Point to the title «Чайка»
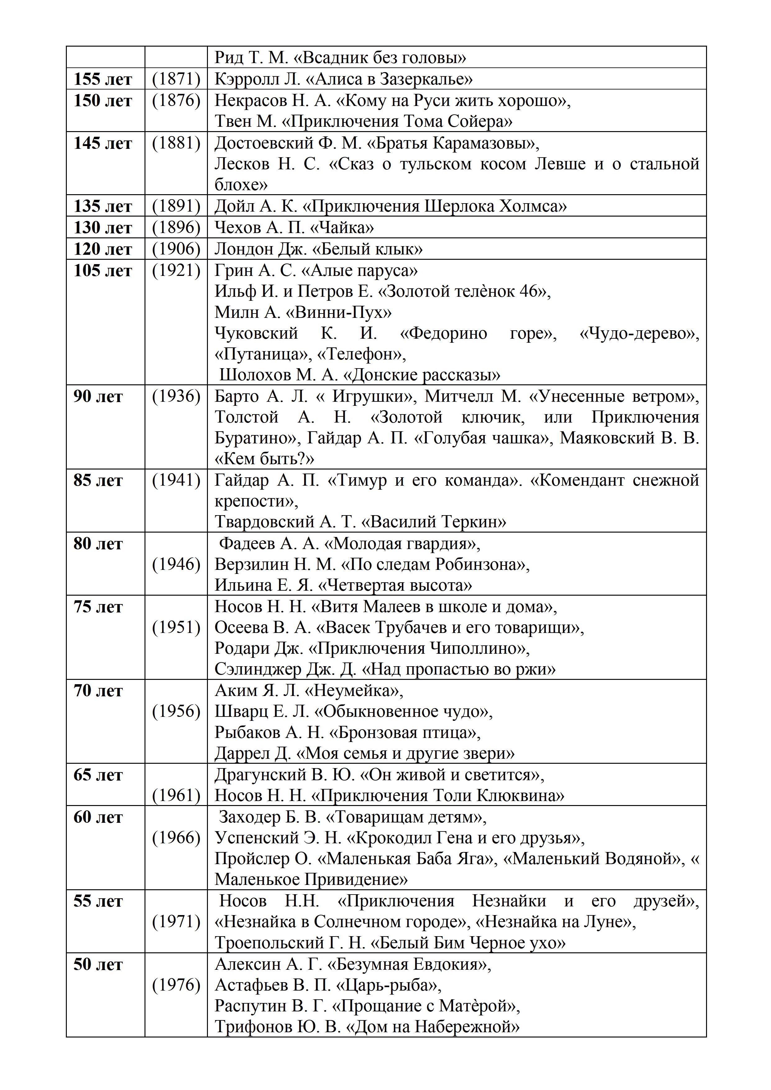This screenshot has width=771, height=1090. [342, 228]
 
